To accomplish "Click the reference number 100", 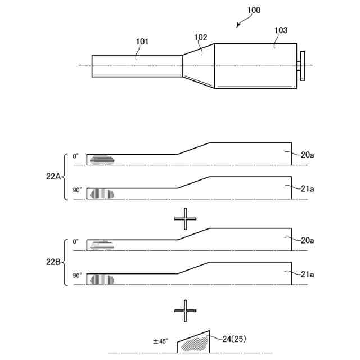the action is click(x=254, y=11).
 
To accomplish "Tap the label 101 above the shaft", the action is click(x=142, y=41).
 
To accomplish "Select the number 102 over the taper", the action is click(x=201, y=38).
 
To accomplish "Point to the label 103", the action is click(x=281, y=30).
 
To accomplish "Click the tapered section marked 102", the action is click(x=199, y=66).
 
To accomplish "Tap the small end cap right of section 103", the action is click(x=302, y=66).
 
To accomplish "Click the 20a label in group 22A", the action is click(x=307, y=155).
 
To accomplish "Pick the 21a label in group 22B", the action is click(x=307, y=274).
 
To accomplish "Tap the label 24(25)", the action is click(x=234, y=339).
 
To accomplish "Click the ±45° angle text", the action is click(x=161, y=341).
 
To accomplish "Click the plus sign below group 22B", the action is click(x=185, y=310).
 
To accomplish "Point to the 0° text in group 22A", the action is click(x=76, y=156).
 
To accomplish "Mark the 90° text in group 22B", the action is click(x=77, y=276).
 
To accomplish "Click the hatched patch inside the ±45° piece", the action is click(x=195, y=344).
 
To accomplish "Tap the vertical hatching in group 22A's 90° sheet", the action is click(x=102, y=193).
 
